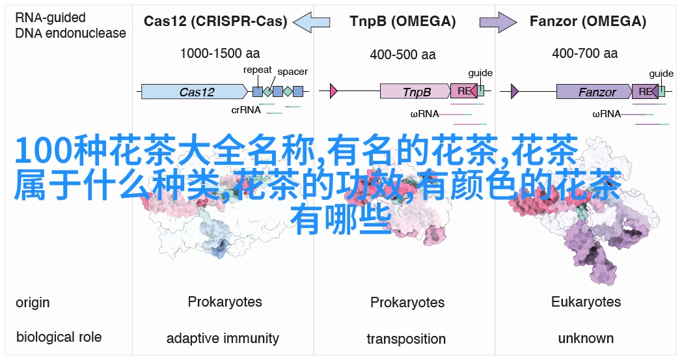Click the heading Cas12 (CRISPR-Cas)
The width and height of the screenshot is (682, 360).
(x=215, y=21)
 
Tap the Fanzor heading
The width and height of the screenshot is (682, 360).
(x=587, y=21)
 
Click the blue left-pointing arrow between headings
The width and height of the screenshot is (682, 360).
(x=312, y=23)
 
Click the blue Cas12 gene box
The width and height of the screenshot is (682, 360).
(x=197, y=92)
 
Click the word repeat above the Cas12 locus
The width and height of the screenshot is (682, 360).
(x=257, y=70)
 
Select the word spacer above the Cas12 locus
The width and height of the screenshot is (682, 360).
(x=292, y=72)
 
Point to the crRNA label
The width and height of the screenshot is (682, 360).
(x=246, y=110)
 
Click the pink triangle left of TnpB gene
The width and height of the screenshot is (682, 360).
(x=334, y=92)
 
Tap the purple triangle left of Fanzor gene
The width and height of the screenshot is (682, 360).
(x=515, y=92)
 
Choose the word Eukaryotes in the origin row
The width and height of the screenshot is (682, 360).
(x=586, y=302)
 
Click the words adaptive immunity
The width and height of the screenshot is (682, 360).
(x=223, y=339)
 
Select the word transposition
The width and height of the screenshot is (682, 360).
(x=406, y=339)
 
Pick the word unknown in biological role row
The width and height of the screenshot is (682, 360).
(x=586, y=338)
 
